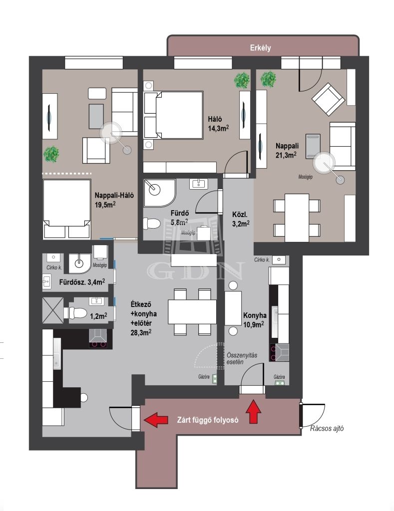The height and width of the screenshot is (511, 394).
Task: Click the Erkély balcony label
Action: point(260,48)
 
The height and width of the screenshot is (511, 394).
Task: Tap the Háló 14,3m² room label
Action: point(218,124)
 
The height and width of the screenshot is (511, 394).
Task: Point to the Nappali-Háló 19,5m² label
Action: point(114,200)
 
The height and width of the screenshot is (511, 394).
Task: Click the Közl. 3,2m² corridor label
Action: point(241,219)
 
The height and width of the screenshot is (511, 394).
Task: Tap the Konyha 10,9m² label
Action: point(254,320)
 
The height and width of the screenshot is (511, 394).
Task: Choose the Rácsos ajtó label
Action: point(327,429)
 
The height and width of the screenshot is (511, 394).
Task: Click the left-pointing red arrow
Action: point(156,419)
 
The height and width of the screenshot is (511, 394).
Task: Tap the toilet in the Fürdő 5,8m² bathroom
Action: point(152,224)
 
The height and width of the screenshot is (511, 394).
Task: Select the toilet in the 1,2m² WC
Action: point(76,313)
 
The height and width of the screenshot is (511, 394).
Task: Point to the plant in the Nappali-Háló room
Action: point(51,154)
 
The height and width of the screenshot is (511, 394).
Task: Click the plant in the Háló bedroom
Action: point(242,80)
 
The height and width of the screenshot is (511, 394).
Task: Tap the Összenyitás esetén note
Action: point(242,358)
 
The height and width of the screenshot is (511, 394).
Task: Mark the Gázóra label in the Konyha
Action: point(279,377)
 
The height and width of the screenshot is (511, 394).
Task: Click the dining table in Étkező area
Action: point(192,312)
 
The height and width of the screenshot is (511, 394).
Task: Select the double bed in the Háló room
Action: point(173,115)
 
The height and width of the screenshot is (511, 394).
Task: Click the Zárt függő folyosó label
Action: point(207,420)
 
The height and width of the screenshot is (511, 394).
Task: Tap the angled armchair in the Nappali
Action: point(328,99)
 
